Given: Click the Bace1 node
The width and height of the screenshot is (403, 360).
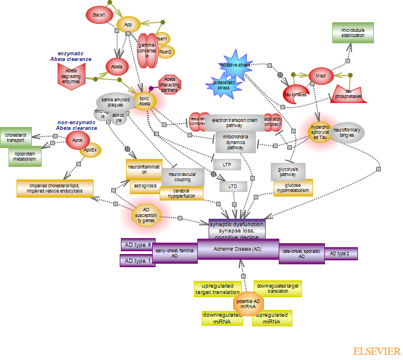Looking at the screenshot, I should (x=99, y=14).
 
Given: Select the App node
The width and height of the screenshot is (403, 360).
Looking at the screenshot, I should (x=128, y=24).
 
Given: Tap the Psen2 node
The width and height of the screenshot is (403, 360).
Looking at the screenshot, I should (x=166, y=52).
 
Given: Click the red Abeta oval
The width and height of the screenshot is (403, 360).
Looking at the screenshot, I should (x=117, y=67).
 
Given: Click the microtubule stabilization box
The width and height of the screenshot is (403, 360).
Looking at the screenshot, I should (x=352, y=32).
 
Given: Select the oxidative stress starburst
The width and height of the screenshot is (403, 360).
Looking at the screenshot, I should (x=235, y=65).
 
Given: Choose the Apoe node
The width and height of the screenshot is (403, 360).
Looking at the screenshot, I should (x=78, y=140).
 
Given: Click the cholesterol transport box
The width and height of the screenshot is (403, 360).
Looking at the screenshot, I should (x=16, y=137).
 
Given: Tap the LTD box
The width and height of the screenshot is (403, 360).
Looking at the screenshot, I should (x=233, y=186).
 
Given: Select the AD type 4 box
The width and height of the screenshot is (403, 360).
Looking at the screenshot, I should (x=137, y=245).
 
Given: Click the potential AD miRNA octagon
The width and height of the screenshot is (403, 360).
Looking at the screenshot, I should (x=249, y=303).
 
